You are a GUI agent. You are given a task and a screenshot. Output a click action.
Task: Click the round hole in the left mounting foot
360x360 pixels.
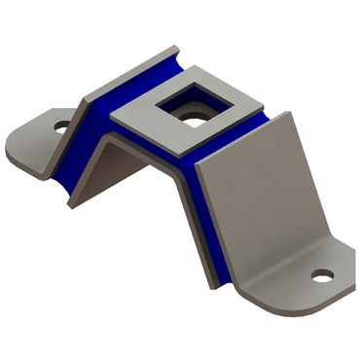coord(61,126)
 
